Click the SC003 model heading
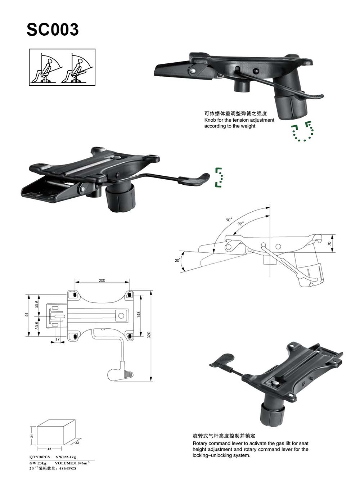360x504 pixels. point(53,30)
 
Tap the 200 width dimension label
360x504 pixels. point(102,280)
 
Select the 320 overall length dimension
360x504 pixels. point(149,335)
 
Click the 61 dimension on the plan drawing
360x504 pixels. point(26,315)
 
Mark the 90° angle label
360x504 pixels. point(229,220)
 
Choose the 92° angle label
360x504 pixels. point(240,224)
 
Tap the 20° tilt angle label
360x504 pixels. point(177,260)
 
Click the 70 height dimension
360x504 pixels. point(329,244)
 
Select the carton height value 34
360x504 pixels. point(32,436)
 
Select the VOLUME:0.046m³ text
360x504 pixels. point(72,463)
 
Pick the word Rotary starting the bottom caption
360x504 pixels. point(200,444)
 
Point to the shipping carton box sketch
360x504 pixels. point(56,432)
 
